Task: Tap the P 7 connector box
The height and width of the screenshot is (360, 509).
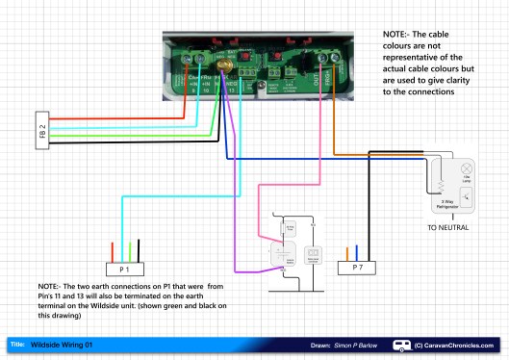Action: tap(355, 265)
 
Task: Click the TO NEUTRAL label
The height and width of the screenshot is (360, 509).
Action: tap(446, 230)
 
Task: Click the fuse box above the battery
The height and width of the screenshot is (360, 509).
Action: tap(289, 230)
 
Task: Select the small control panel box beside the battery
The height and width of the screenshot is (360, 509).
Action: tap(313, 256)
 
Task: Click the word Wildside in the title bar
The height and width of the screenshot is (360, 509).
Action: tap(46, 344)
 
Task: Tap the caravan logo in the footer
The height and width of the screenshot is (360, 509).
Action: tap(399, 344)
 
